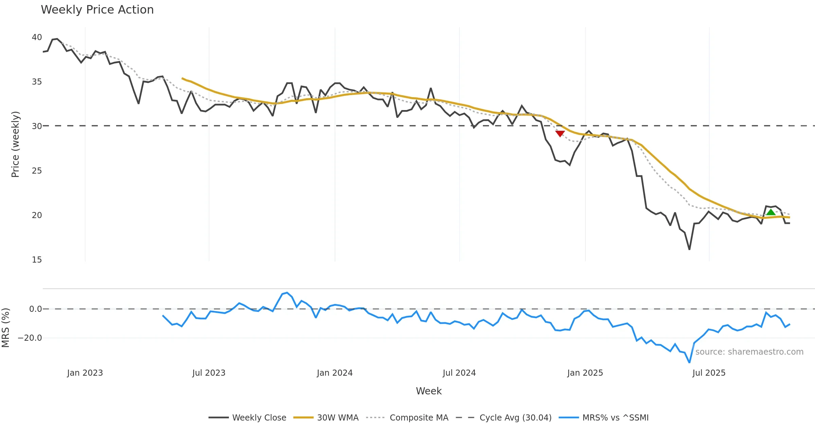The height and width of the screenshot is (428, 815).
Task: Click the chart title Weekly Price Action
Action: click(x=97, y=10)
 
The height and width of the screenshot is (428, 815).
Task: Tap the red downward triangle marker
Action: click(x=560, y=133)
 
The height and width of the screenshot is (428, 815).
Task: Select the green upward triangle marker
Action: click(x=771, y=212)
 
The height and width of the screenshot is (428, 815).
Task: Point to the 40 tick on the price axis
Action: click(x=37, y=37)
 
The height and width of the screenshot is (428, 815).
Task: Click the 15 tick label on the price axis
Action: click(x=37, y=260)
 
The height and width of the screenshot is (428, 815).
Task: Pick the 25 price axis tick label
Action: click(x=37, y=171)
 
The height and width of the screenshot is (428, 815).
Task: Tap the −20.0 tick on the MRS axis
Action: click(x=30, y=338)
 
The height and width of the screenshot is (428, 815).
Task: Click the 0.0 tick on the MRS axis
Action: click(x=35, y=309)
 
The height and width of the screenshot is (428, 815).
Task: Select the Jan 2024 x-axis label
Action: click(x=334, y=373)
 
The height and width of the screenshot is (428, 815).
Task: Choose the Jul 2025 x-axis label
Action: click(x=709, y=373)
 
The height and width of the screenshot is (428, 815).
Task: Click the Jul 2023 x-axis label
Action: click(x=209, y=373)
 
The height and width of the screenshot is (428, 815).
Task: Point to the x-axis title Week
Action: click(x=429, y=391)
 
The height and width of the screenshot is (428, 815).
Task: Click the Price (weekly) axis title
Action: click(x=16, y=144)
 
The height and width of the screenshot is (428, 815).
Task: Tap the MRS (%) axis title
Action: click(x=6, y=328)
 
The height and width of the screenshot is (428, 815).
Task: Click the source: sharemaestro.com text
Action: click(x=749, y=352)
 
